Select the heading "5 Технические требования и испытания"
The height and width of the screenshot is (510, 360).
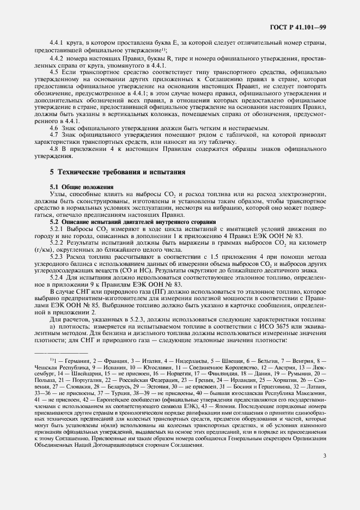coord(117,172)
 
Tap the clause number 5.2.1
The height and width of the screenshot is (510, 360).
coord(58,229)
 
